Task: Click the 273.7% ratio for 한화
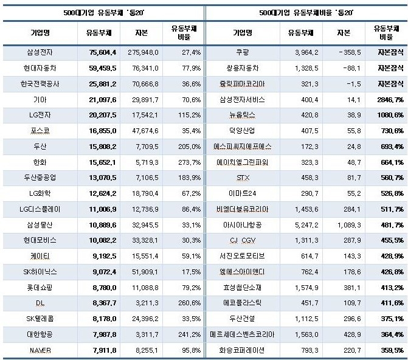tap(187, 162)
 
